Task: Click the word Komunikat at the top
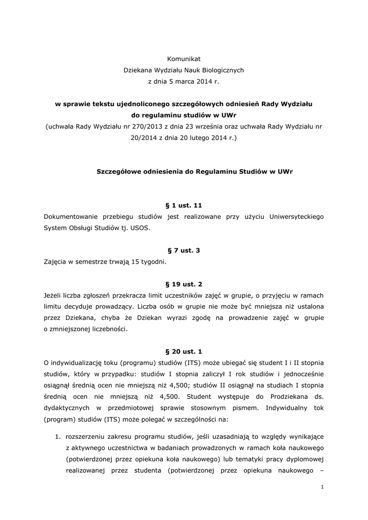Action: [x=184, y=59]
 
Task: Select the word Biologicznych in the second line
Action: [x=222, y=70]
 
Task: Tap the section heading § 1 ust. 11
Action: [x=184, y=206]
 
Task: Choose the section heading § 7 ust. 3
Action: [x=184, y=251]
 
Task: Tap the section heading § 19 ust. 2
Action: [x=184, y=284]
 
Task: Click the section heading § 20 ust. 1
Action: [x=184, y=351]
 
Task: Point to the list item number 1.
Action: [x=57, y=436]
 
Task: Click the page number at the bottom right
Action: [x=322, y=487]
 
